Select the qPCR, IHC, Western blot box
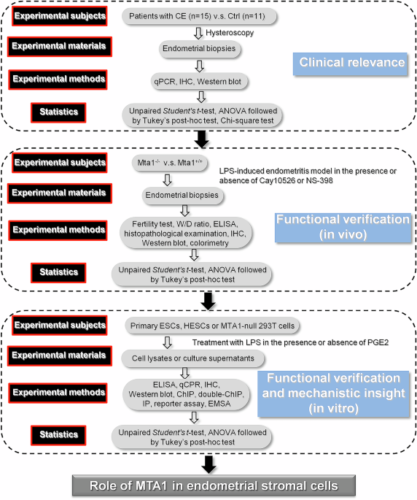[x=194, y=81]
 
